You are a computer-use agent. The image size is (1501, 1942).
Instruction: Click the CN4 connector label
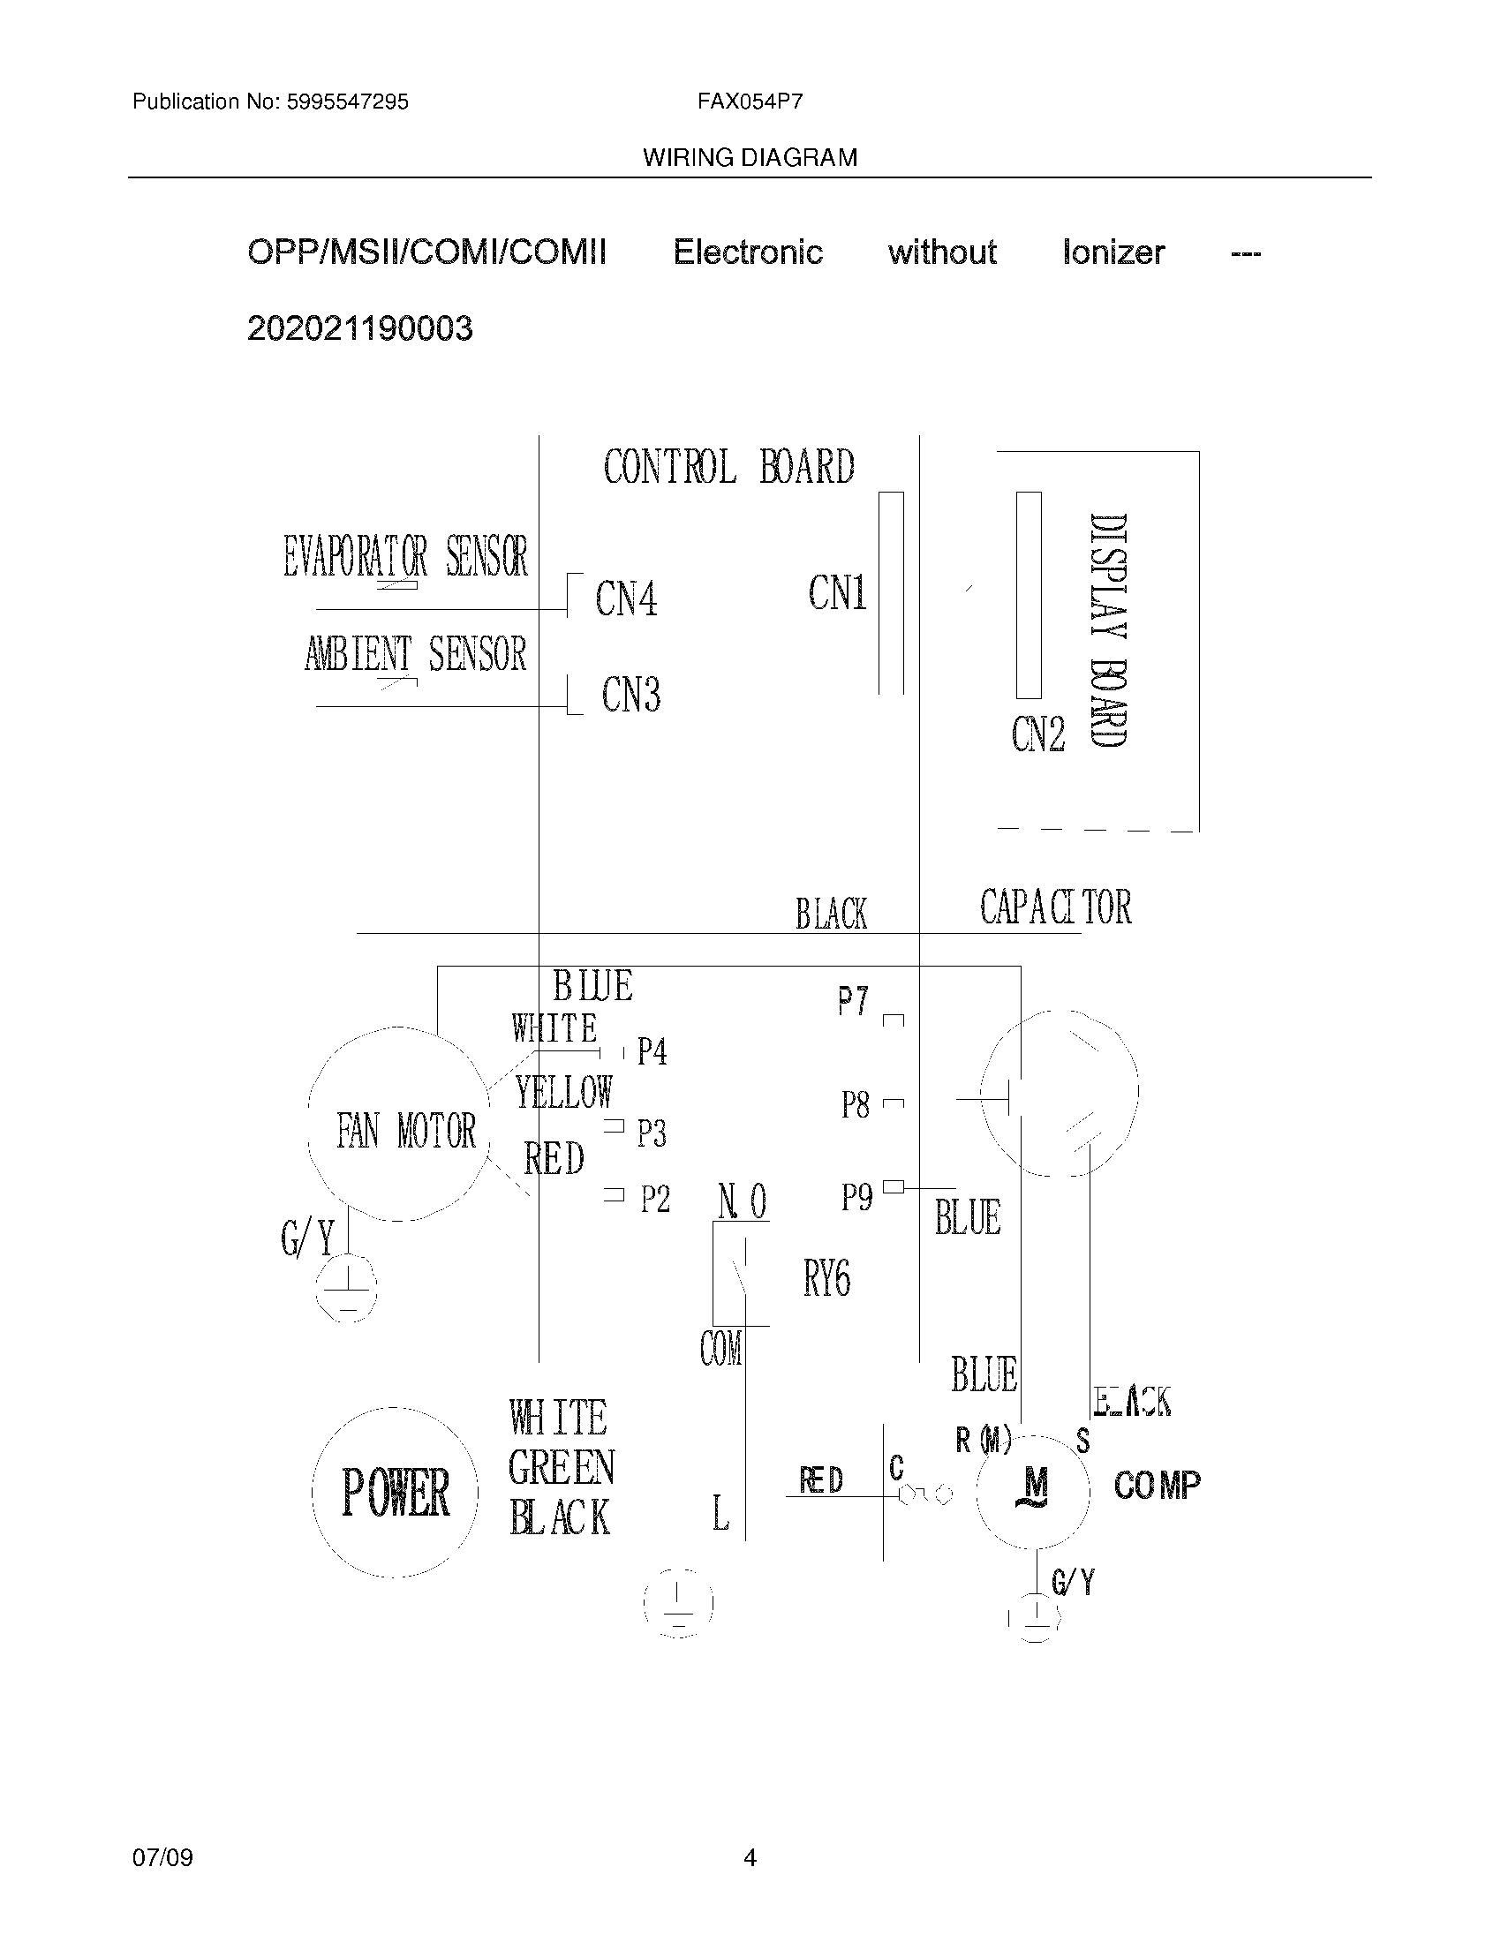(627, 598)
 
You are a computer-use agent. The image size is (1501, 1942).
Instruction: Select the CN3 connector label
(631, 695)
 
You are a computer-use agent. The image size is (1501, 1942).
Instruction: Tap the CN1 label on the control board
(837, 592)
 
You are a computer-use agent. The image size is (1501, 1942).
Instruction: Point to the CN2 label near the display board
(1037, 734)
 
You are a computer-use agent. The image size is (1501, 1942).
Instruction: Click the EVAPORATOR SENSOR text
(405, 557)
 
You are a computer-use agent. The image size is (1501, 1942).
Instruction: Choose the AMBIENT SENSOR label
(415, 654)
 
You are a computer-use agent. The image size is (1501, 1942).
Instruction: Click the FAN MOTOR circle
(399, 1125)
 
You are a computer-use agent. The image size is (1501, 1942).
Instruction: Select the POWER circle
(395, 1492)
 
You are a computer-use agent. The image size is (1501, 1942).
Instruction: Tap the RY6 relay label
(827, 1279)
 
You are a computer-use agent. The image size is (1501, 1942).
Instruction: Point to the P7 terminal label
(854, 1002)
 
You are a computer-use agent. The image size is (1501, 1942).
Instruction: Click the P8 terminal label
(856, 1105)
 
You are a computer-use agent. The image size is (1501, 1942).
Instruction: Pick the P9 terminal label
(857, 1198)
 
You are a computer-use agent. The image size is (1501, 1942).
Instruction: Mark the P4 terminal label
(652, 1052)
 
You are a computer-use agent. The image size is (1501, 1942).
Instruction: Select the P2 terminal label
(655, 1200)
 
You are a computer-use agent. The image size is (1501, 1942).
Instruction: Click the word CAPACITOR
(1055, 907)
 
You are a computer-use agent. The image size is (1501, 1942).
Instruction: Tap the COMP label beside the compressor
(1157, 1485)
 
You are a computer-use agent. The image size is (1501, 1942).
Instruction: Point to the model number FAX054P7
(750, 102)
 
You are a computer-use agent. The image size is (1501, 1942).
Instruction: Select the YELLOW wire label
(564, 1092)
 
